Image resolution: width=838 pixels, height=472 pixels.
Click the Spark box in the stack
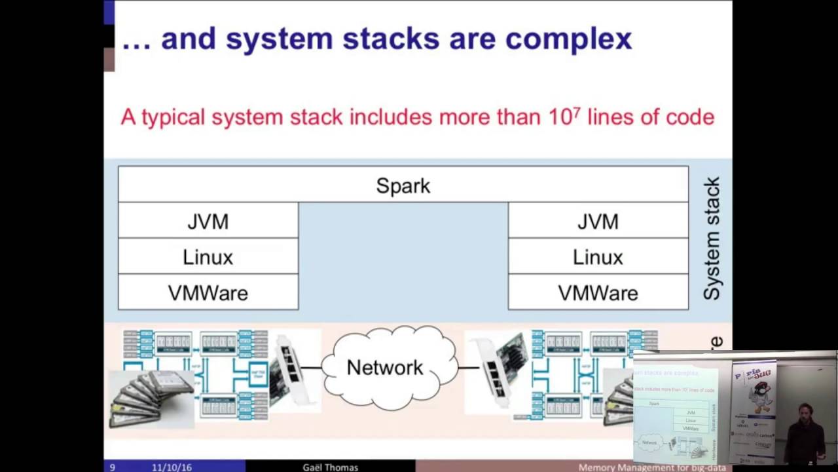(x=403, y=186)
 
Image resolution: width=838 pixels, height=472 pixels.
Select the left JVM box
(x=208, y=221)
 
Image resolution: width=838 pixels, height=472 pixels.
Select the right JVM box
(x=598, y=221)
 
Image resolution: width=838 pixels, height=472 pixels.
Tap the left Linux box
(x=208, y=257)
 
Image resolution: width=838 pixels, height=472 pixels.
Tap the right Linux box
(x=598, y=257)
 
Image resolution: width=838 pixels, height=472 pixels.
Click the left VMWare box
(x=208, y=292)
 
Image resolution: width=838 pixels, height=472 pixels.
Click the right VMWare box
(x=598, y=292)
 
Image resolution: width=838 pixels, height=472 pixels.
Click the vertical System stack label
(x=712, y=239)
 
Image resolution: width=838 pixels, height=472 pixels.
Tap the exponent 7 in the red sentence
(x=577, y=111)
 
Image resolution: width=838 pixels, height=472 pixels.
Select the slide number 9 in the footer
(x=113, y=467)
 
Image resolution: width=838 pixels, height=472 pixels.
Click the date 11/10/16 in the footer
(x=172, y=467)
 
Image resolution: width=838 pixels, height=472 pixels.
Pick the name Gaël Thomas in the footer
(x=330, y=467)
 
